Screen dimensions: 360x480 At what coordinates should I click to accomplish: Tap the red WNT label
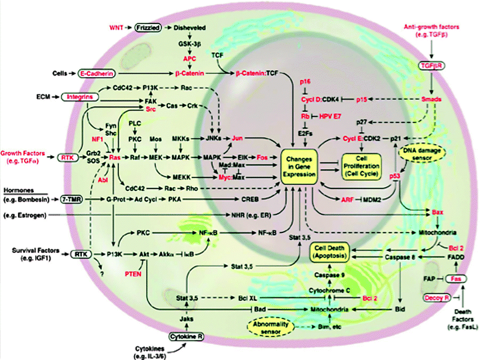pyautogui.click(x=119, y=28)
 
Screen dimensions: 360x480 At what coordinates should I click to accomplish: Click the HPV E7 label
pyautogui.click(x=332, y=116)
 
